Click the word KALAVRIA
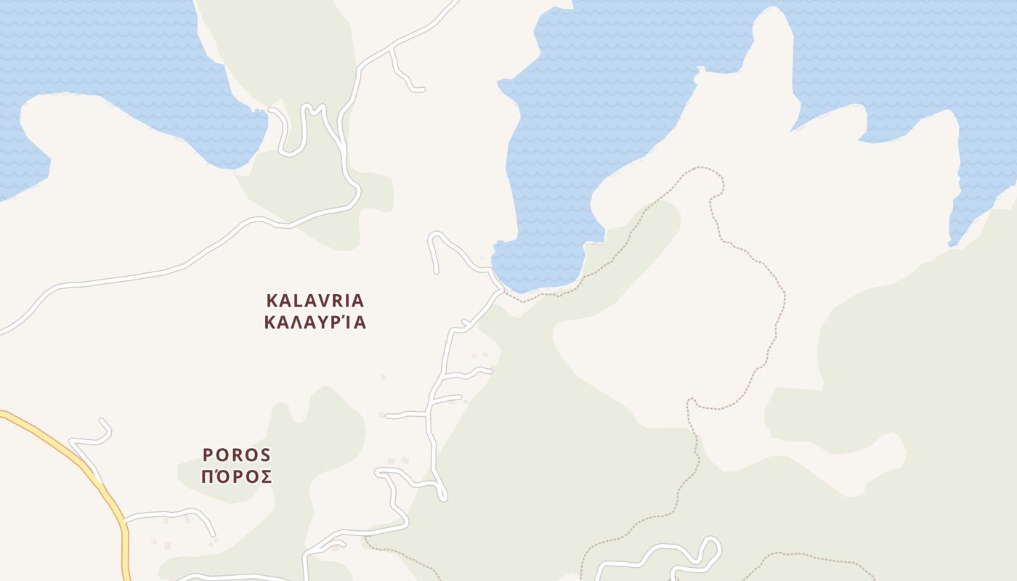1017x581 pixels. click(315, 301)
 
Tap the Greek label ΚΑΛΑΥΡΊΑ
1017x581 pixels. click(315, 322)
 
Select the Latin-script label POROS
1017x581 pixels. click(237, 455)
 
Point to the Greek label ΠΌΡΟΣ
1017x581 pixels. click(237, 477)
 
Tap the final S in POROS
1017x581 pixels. click(265, 455)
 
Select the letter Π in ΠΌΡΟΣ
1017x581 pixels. click(207, 477)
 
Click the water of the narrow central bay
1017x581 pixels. click(552, 182)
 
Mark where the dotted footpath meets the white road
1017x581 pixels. click(503, 291)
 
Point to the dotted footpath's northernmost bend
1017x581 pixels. click(701, 168)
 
